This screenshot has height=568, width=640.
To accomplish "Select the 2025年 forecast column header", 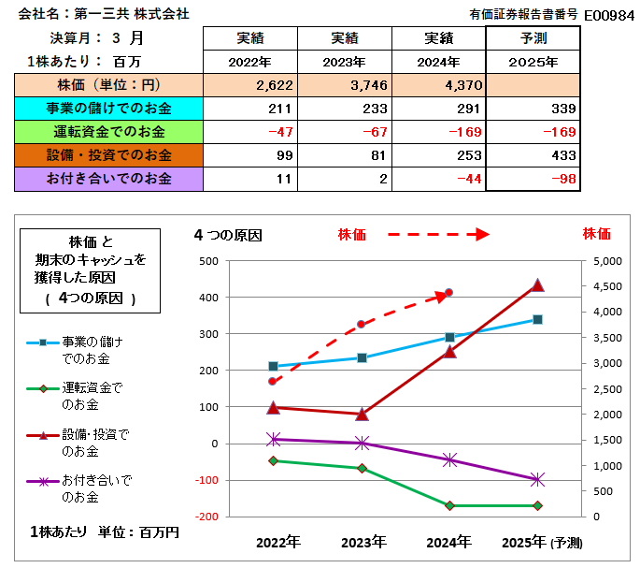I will click(533, 62).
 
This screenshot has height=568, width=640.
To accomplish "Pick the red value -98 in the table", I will click(562, 179).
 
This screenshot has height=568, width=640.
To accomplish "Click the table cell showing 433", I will click(562, 155).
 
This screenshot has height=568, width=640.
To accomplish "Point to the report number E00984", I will click(608, 15).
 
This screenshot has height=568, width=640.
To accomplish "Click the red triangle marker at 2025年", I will click(537, 285).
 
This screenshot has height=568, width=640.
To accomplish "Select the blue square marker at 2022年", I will click(273, 366).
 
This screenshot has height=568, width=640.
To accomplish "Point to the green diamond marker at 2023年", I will click(362, 468).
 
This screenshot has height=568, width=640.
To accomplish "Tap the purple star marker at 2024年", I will click(449, 459).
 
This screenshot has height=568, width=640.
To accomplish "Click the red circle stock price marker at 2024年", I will click(449, 293).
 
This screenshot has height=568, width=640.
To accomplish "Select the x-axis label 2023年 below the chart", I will click(363, 542).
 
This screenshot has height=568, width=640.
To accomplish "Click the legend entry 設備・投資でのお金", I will click(94, 443).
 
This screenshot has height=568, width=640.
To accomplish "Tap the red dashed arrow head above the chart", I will click(482, 234).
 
